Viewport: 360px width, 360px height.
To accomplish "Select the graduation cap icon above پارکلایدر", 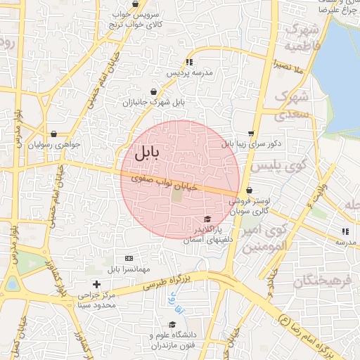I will pos(207,219).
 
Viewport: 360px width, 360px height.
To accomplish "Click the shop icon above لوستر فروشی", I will pos(249,190).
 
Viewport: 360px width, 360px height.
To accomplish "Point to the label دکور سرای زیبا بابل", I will pos(251,143).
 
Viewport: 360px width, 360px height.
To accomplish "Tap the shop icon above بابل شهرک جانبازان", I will pos(154,91).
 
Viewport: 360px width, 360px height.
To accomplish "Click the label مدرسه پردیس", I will pos(189,72).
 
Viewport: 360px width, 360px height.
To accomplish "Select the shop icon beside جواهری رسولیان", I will pos(53,134).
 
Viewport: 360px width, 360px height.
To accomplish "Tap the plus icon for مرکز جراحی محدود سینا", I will pos(96,284).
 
